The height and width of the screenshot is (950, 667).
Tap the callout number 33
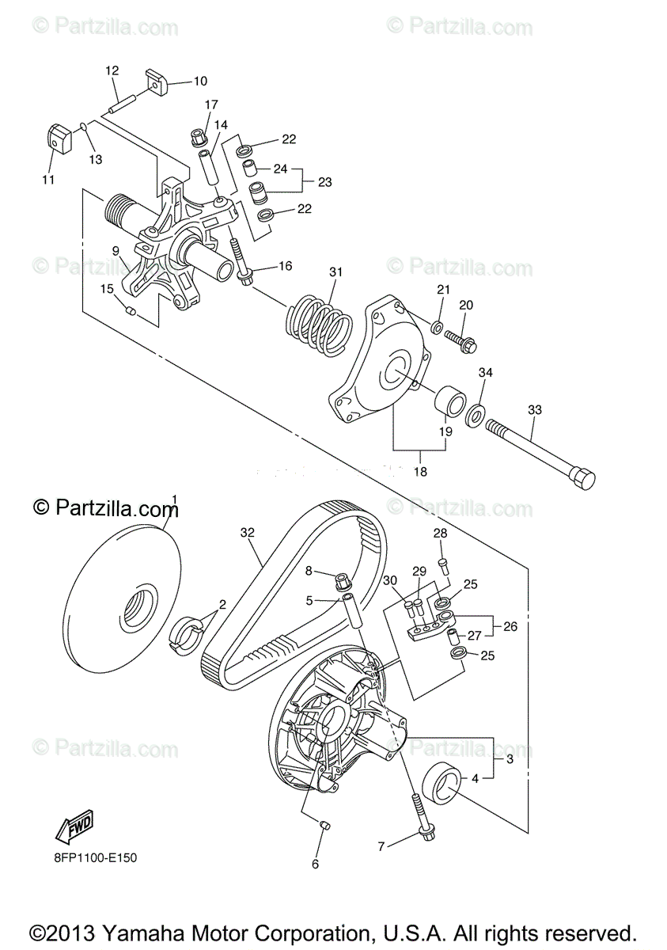coord(535,409)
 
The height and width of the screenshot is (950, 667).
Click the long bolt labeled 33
coord(538,451)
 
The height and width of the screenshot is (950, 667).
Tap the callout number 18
coord(420,471)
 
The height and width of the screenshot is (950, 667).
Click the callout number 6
coord(315,864)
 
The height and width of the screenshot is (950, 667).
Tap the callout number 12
coord(112,70)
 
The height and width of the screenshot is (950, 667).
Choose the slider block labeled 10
coord(155,80)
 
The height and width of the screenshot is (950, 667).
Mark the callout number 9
coord(116,251)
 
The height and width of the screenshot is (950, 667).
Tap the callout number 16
coord(285,266)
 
